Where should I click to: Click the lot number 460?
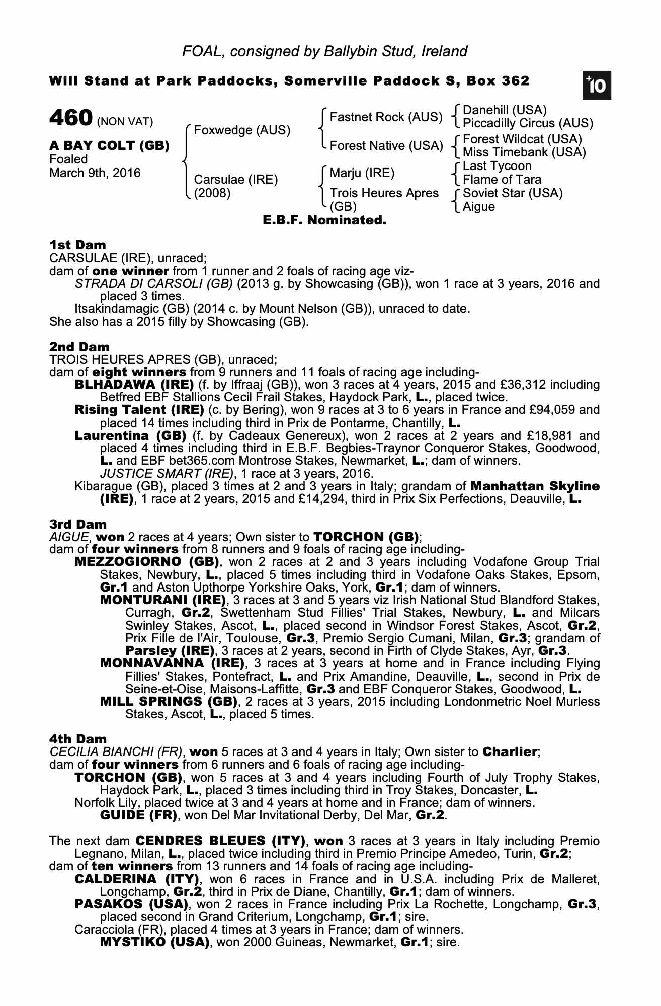click(x=71, y=118)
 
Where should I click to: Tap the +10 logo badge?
click(x=597, y=87)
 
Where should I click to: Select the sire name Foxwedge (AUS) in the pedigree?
click(x=242, y=130)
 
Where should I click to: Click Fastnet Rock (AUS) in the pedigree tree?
click(x=386, y=117)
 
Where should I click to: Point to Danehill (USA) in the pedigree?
click(x=505, y=110)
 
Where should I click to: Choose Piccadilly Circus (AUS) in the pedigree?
click(x=528, y=123)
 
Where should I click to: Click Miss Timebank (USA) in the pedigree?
click(x=524, y=152)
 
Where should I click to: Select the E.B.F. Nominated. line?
click(x=324, y=220)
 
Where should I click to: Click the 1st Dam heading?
click(x=77, y=245)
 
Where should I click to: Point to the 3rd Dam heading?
click(x=78, y=524)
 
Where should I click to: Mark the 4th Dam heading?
click(x=78, y=739)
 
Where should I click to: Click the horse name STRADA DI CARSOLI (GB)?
click(x=153, y=284)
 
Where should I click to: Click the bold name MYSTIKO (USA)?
click(x=154, y=942)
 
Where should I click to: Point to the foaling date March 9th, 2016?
click(x=95, y=173)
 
